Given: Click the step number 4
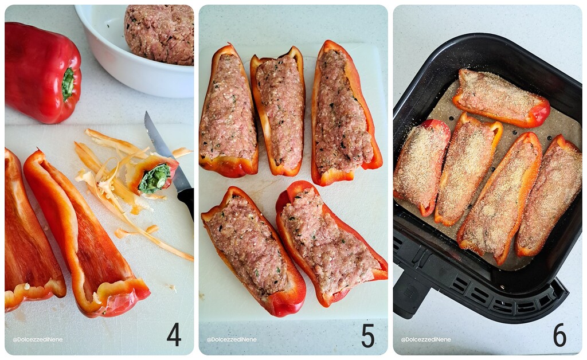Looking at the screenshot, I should click(174, 335).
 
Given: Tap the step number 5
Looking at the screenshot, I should click(367, 335).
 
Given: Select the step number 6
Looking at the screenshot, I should click(559, 335).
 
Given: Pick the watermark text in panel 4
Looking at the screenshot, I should click(37, 339).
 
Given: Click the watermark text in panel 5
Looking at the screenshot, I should click(231, 339).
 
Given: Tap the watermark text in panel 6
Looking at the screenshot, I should click(425, 339).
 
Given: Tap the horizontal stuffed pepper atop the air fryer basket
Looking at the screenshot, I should click(500, 97).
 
